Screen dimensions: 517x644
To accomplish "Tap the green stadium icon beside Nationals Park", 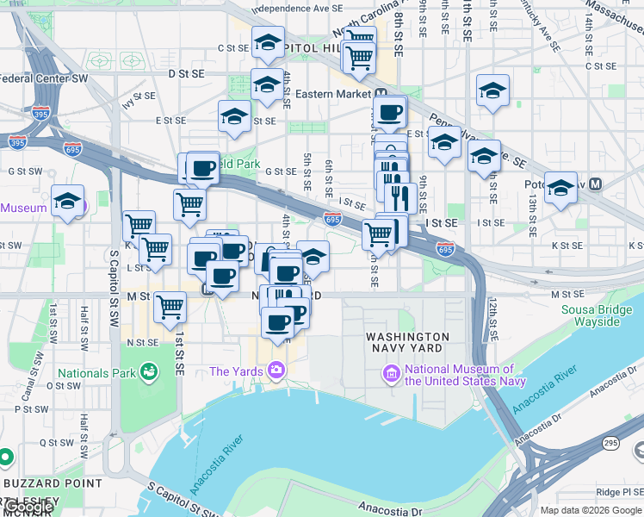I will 150,372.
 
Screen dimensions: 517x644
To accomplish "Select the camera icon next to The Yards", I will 276,371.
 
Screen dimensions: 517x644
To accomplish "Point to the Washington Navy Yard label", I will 407,342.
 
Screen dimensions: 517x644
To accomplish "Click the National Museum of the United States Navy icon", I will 392,374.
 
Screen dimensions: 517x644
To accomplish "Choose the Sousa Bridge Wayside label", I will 591,315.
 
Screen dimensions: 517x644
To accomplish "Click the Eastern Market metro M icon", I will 380,94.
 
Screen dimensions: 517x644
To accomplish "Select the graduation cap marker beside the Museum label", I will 67,202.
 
